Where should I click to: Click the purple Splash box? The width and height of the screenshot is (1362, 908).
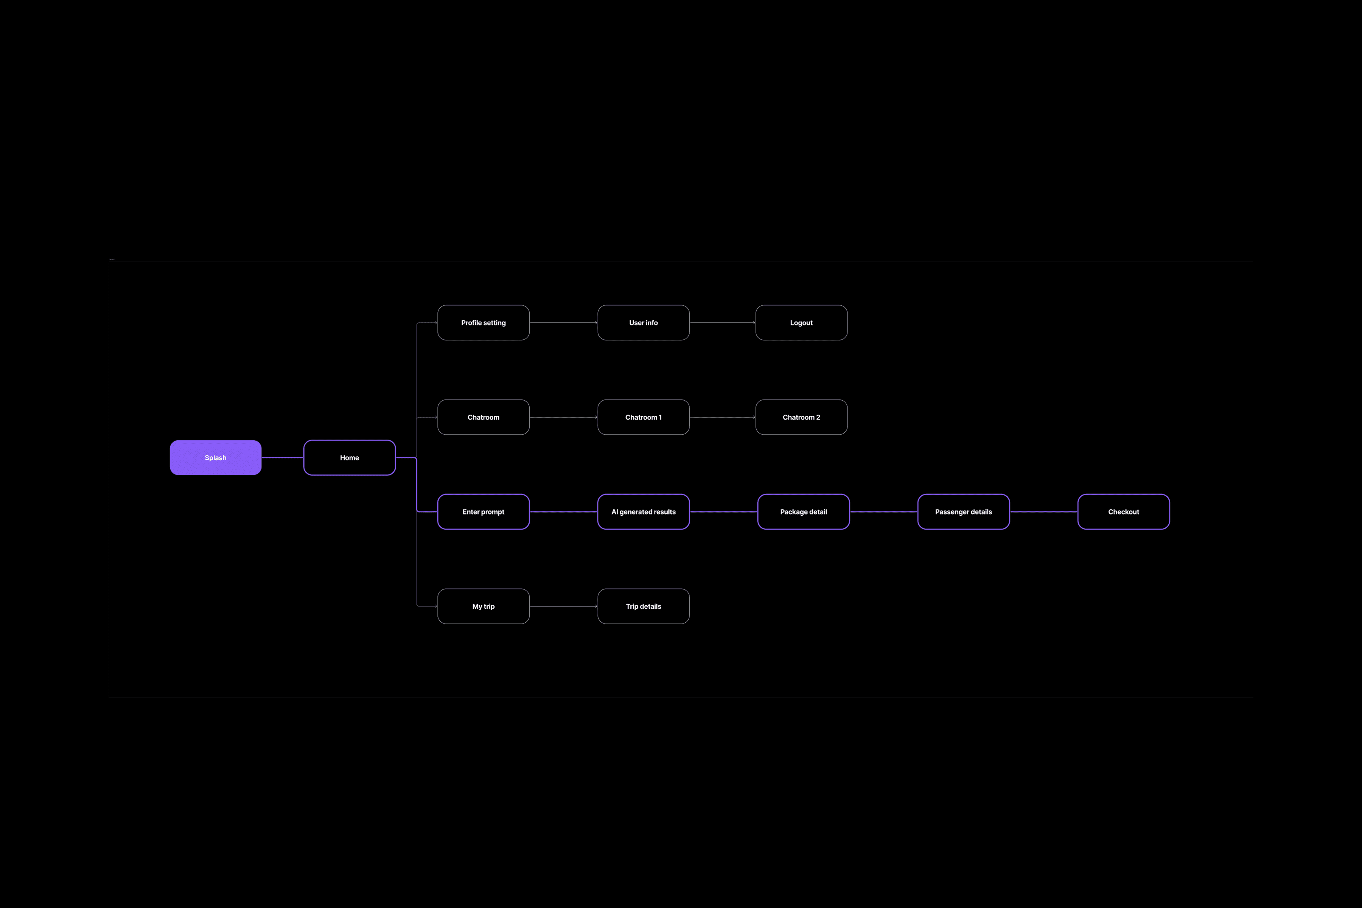(x=215, y=457)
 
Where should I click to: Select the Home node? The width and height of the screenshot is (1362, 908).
(x=349, y=457)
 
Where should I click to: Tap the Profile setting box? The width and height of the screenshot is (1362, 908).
(x=483, y=323)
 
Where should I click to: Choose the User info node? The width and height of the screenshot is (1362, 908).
(x=644, y=323)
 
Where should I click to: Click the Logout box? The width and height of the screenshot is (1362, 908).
(x=801, y=323)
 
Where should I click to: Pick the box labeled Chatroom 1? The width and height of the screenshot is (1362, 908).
(x=644, y=417)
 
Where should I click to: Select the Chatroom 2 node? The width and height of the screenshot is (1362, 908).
(x=801, y=417)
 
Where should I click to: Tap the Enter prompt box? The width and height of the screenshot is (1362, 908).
(x=483, y=512)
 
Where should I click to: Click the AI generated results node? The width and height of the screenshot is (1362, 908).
(x=644, y=512)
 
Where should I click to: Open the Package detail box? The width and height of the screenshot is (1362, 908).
(x=803, y=512)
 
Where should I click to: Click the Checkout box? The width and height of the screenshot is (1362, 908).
(x=1123, y=512)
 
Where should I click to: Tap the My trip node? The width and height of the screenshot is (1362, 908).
(x=483, y=606)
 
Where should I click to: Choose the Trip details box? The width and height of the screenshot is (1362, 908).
(x=644, y=606)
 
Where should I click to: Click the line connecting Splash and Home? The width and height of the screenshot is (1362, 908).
(x=283, y=457)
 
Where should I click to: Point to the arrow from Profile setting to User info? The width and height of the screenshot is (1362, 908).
(x=563, y=323)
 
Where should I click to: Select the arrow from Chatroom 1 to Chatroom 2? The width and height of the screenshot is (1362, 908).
(x=723, y=417)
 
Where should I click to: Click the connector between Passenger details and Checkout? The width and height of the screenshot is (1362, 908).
(x=1043, y=512)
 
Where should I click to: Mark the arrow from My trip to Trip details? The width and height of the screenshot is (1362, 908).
(x=563, y=606)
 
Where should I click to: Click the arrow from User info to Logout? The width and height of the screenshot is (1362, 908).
(x=723, y=323)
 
